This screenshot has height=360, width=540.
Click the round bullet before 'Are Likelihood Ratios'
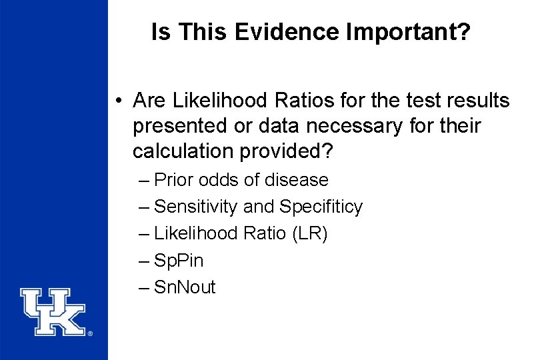click(x=117, y=101)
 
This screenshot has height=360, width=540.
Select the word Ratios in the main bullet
click(x=275, y=101)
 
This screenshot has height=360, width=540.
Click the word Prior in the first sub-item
click(x=173, y=180)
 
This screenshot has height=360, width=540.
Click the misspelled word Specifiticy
click(x=321, y=207)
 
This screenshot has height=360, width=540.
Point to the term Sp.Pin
click(x=179, y=260)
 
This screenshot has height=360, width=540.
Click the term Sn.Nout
click(x=185, y=287)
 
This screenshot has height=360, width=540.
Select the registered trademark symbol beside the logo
click(x=90, y=333)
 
